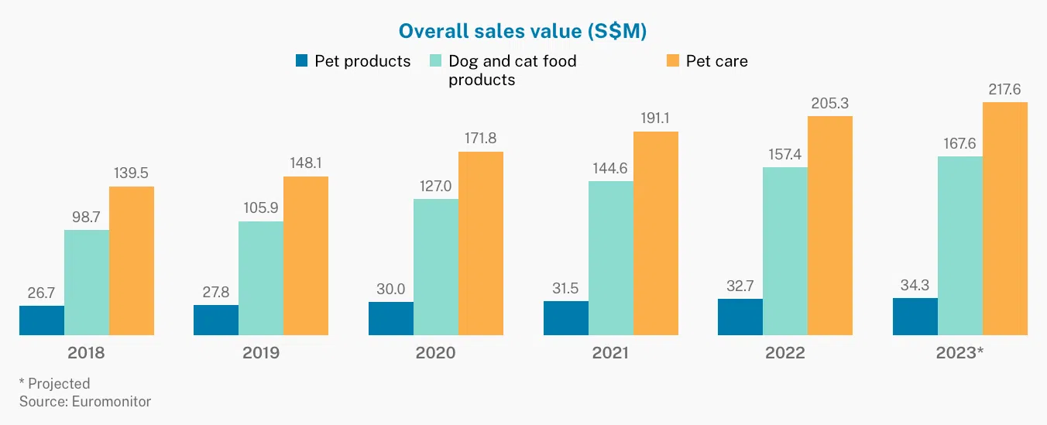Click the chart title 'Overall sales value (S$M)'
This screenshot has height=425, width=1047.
pos(523,31)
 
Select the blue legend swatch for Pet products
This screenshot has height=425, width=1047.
pos(302,61)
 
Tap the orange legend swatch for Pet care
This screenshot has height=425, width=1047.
pos(671,61)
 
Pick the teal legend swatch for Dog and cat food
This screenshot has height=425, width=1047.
pos(435,61)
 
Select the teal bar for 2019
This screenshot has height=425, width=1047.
pos(261,279)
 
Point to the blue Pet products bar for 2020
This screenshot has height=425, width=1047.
pos(391,318)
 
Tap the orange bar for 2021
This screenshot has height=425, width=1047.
pos(656,233)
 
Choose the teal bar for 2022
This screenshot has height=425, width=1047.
pos(785,251)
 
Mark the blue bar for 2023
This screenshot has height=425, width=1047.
pos(915,317)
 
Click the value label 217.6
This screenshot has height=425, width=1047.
pos(1005,89)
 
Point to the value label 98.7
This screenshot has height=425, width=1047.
pos(87,217)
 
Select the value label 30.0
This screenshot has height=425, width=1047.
pos(391,289)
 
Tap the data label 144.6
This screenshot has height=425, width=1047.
pos(611,168)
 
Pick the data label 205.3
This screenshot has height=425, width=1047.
pos(830,103)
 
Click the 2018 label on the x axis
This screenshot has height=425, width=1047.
pos(86,353)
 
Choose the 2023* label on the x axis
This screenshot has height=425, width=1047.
pos(959,353)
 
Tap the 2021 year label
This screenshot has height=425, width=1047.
pos(610,353)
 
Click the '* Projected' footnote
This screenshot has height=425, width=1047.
pos(55,383)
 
